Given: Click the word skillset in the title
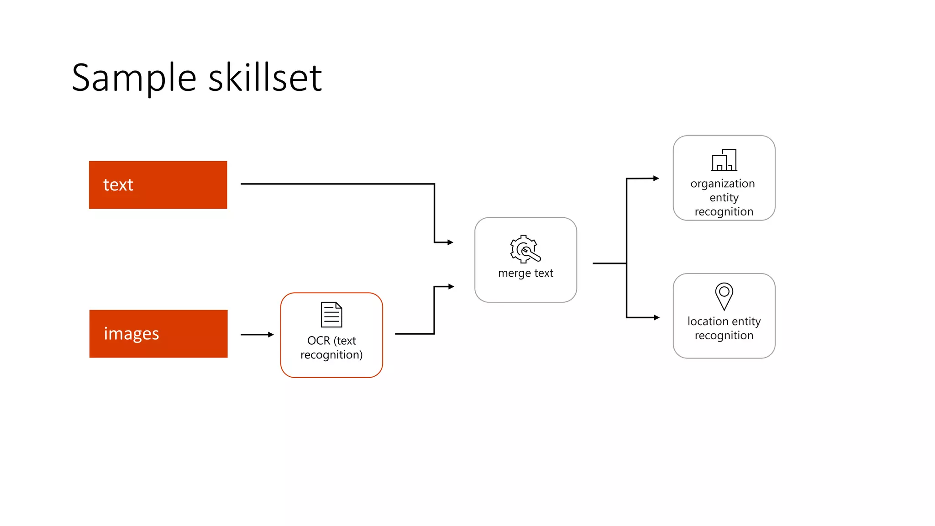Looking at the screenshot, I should pos(265,77).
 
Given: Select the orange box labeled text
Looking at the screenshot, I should pos(158,185).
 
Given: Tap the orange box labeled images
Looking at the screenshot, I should pos(158,334).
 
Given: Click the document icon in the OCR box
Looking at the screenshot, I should pos(331,315).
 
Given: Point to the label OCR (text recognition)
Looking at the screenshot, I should pos(331,348).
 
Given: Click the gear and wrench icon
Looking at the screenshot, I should pos(525,249).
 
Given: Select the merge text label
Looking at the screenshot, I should pos(525,273).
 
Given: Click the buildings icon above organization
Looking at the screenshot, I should pos(724,160).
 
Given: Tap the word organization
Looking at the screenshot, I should pos(723,184).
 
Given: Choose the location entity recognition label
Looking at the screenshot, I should pos(724,328).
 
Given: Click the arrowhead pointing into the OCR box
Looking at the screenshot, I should pos(271,335).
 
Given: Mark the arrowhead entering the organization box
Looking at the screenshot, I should pos(656,178).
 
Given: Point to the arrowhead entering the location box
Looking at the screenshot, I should pos(657,317).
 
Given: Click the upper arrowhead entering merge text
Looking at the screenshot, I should pos(450,242).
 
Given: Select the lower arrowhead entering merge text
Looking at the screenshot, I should pos(451,287).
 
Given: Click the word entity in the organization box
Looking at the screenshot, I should pos(724,198).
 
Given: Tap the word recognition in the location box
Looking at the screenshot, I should pos(724,336).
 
